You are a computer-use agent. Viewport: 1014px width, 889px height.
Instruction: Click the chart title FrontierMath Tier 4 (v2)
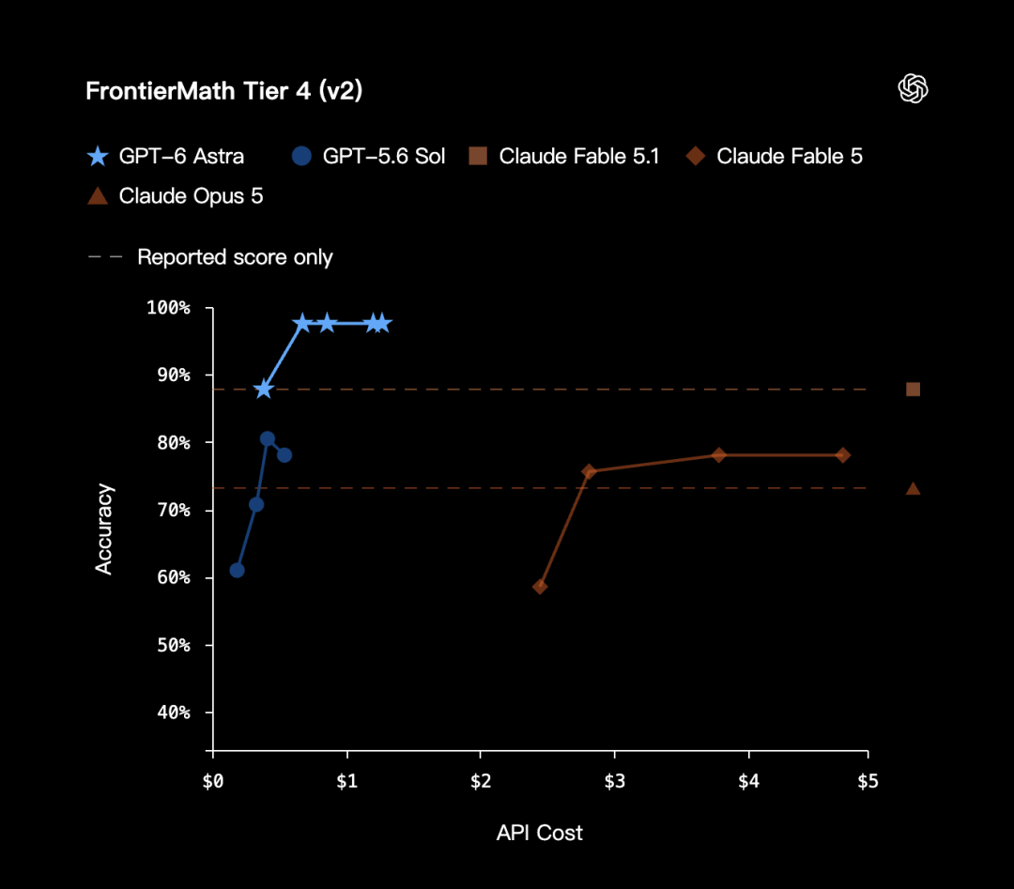(223, 91)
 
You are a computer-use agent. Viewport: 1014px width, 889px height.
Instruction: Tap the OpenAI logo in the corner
(913, 88)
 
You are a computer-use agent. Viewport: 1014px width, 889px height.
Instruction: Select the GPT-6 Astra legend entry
(165, 156)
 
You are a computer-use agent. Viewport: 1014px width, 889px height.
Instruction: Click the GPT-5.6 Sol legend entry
(368, 156)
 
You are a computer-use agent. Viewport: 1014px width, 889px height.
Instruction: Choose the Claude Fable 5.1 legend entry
(564, 156)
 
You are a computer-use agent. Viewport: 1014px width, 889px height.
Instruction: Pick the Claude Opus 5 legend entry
(176, 196)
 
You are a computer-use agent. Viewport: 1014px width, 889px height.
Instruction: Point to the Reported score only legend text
(235, 257)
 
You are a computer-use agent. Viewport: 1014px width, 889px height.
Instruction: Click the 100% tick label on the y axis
(168, 308)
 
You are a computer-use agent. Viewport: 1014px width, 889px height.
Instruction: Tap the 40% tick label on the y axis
(174, 713)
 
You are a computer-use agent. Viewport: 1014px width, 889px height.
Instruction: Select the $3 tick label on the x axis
(614, 782)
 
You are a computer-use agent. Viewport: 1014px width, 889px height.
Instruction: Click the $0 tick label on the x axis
(213, 782)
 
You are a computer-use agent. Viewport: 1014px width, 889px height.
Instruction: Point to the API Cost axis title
(539, 833)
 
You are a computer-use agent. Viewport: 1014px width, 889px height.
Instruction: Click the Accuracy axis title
(104, 529)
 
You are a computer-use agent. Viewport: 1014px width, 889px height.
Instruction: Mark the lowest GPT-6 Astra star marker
(263, 390)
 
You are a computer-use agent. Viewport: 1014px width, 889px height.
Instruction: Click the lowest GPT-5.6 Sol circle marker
(238, 570)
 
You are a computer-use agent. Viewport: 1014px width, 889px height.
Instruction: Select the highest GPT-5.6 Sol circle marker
(267, 439)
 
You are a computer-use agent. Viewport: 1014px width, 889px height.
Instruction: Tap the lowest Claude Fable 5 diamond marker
(540, 587)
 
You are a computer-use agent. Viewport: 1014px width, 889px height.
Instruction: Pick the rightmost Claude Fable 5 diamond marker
(842, 455)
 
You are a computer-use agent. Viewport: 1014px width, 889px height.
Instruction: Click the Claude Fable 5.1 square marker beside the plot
(914, 390)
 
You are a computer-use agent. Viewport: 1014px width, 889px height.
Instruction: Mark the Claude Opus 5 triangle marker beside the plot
(914, 489)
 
